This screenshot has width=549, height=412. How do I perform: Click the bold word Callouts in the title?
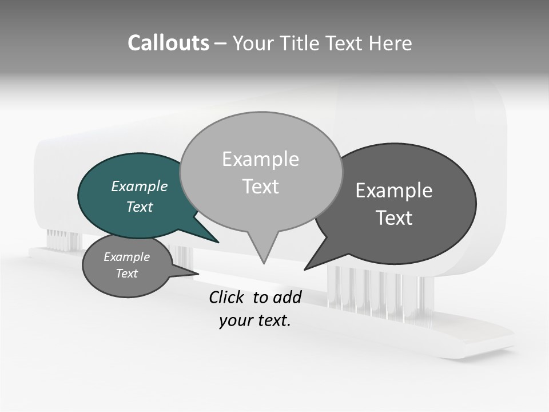[x=168, y=43]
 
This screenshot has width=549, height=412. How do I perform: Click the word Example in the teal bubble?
[x=139, y=186]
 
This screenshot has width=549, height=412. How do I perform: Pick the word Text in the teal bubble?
[x=139, y=207]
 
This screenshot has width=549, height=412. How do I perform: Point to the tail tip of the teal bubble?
[x=218, y=242]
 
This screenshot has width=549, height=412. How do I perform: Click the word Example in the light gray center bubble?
[x=260, y=159]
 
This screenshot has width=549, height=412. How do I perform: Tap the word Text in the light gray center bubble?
[x=260, y=187]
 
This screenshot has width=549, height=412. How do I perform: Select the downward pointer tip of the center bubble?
[x=264, y=263]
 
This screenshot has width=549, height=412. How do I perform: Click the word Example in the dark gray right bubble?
[x=394, y=191]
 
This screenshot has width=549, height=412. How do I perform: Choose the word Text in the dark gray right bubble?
[x=394, y=218]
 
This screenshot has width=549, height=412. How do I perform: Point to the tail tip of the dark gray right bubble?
[x=305, y=269]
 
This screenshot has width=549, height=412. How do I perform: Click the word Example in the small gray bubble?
[x=126, y=257]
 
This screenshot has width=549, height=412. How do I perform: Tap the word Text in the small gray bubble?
[x=126, y=274]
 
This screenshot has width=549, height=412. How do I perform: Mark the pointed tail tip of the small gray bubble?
[x=198, y=274]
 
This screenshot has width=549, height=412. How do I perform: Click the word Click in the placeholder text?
[x=228, y=297]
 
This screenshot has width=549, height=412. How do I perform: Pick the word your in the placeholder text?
[x=234, y=320]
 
